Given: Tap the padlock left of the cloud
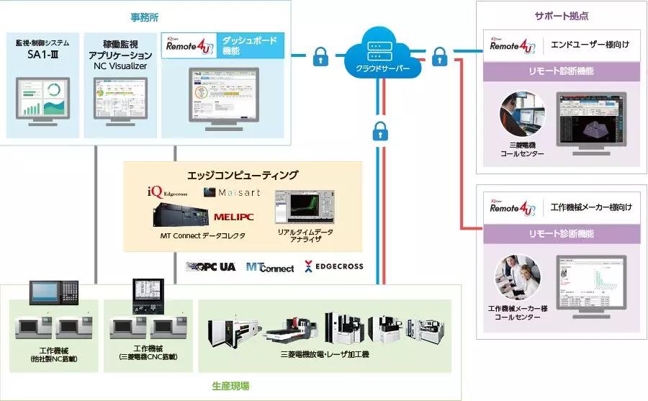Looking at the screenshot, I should pyautogui.click(x=320, y=57).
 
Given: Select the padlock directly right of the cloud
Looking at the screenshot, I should pyautogui.click(x=439, y=57).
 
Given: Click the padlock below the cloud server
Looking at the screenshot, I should pyautogui.click(x=380, y=131).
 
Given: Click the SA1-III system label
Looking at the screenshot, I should pyautogui.click(x=42, y=54).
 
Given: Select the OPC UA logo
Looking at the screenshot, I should pyautogui.click(x=212, y=266).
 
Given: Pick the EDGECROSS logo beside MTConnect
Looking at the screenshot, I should pyautogui.click(x=333, y=266).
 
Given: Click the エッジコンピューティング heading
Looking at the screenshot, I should pyautogui.click(x=242, y=175).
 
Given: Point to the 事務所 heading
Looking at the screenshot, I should pyautogui.click(x=145, y=16).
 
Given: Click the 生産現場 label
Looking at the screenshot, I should pyautogui.click(x=230, y=386).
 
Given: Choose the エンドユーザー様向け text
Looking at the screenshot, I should pyautogui.click(x=590, y=45).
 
